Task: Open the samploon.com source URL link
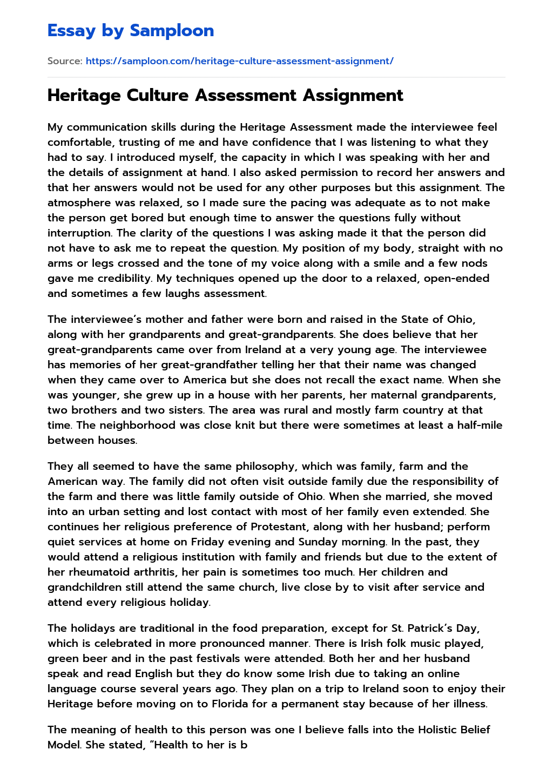pos(239,61)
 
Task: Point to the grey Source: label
pos(65,61)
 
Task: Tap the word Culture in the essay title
pos(158,96)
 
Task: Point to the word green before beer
pos(63,658)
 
